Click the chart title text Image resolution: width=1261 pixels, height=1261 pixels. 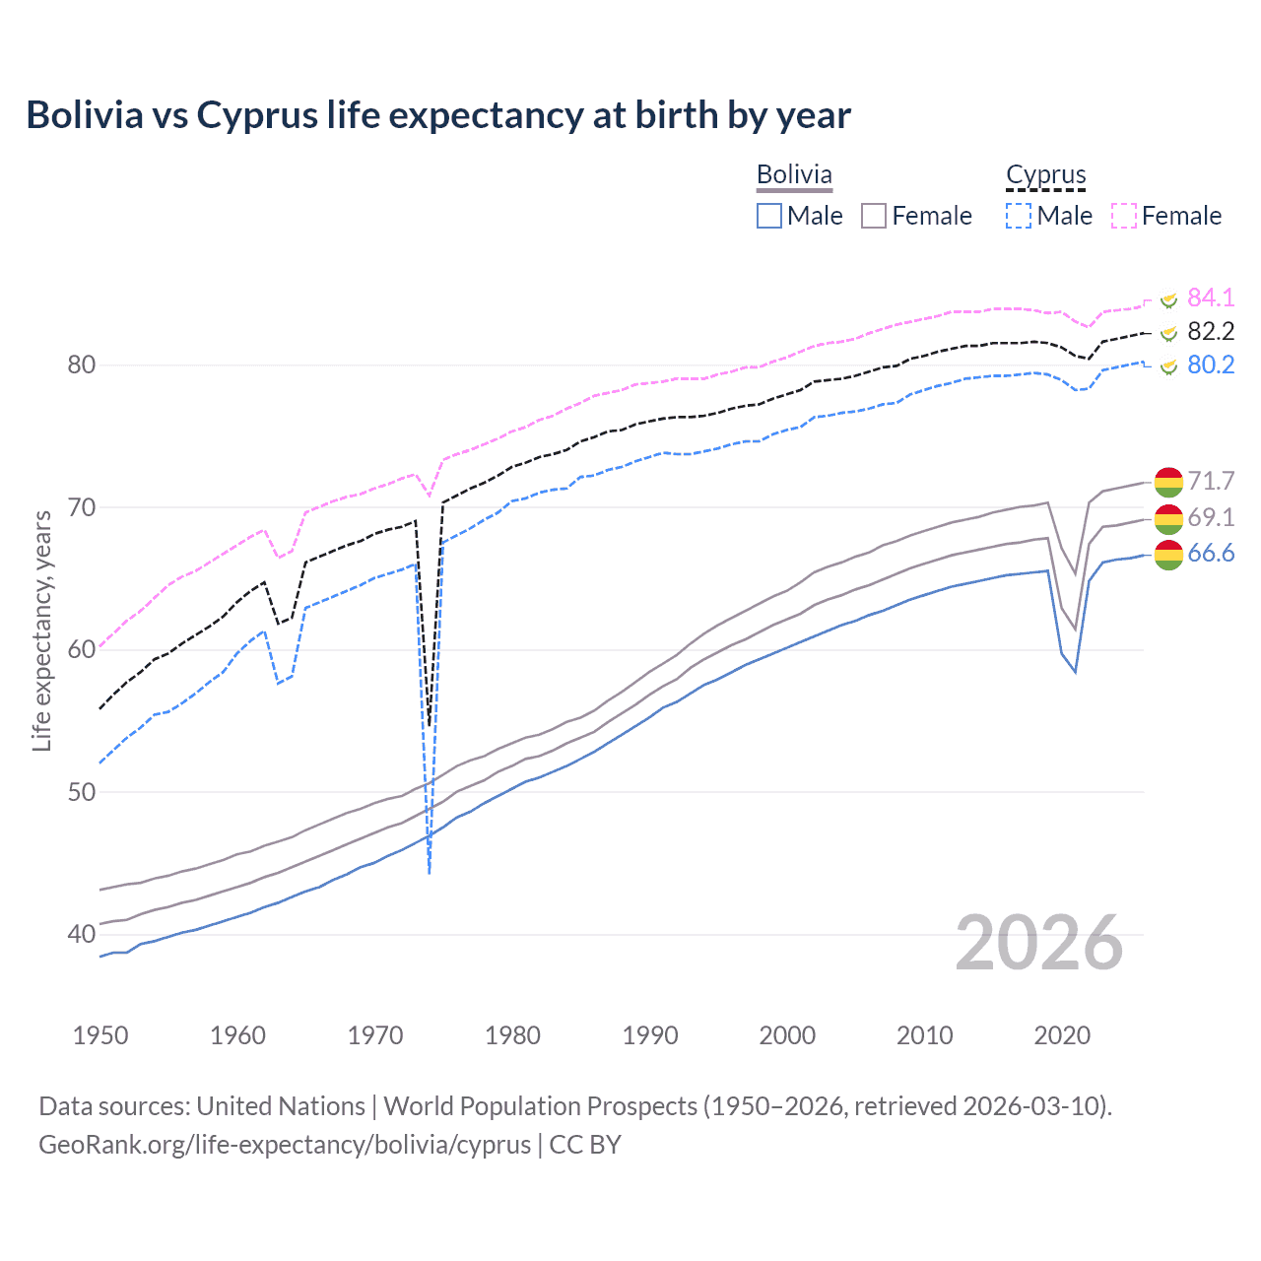tap(438, 115)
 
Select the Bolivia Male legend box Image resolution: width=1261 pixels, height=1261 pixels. tap(769, 216)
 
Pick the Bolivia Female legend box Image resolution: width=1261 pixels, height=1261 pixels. tap(874, 216)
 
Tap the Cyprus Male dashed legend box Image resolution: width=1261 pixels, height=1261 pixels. tap(1019, 216)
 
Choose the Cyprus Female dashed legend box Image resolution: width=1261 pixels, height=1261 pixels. tap(1124, 216)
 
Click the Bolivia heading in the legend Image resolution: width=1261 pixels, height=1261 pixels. tap(794, 174)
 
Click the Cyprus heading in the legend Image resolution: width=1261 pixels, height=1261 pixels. tap(1045, 175)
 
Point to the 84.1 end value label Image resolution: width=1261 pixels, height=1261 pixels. tap(1211, 298)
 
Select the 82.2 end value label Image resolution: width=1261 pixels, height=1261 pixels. tap(1211, 331)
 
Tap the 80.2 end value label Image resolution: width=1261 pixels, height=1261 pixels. tap(1211, 365)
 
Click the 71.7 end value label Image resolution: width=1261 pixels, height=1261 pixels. tap(1211, 481)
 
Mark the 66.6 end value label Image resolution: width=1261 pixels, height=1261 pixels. tap(1211, 553)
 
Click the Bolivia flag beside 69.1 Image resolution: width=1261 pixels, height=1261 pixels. tap(1168, 518)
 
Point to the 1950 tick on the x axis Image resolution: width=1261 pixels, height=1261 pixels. tap(100, 1035)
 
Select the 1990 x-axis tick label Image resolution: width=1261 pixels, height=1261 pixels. tap(650, 1035)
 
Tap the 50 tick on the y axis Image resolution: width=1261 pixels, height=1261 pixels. tap(81, 792)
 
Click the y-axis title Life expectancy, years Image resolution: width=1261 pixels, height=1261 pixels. tap(41, 630)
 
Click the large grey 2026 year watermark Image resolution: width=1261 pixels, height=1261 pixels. tap(1039, 943)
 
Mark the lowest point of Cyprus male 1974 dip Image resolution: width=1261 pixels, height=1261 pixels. tap(430, 873)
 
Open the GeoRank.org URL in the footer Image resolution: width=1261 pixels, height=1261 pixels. tap(284, 1145)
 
